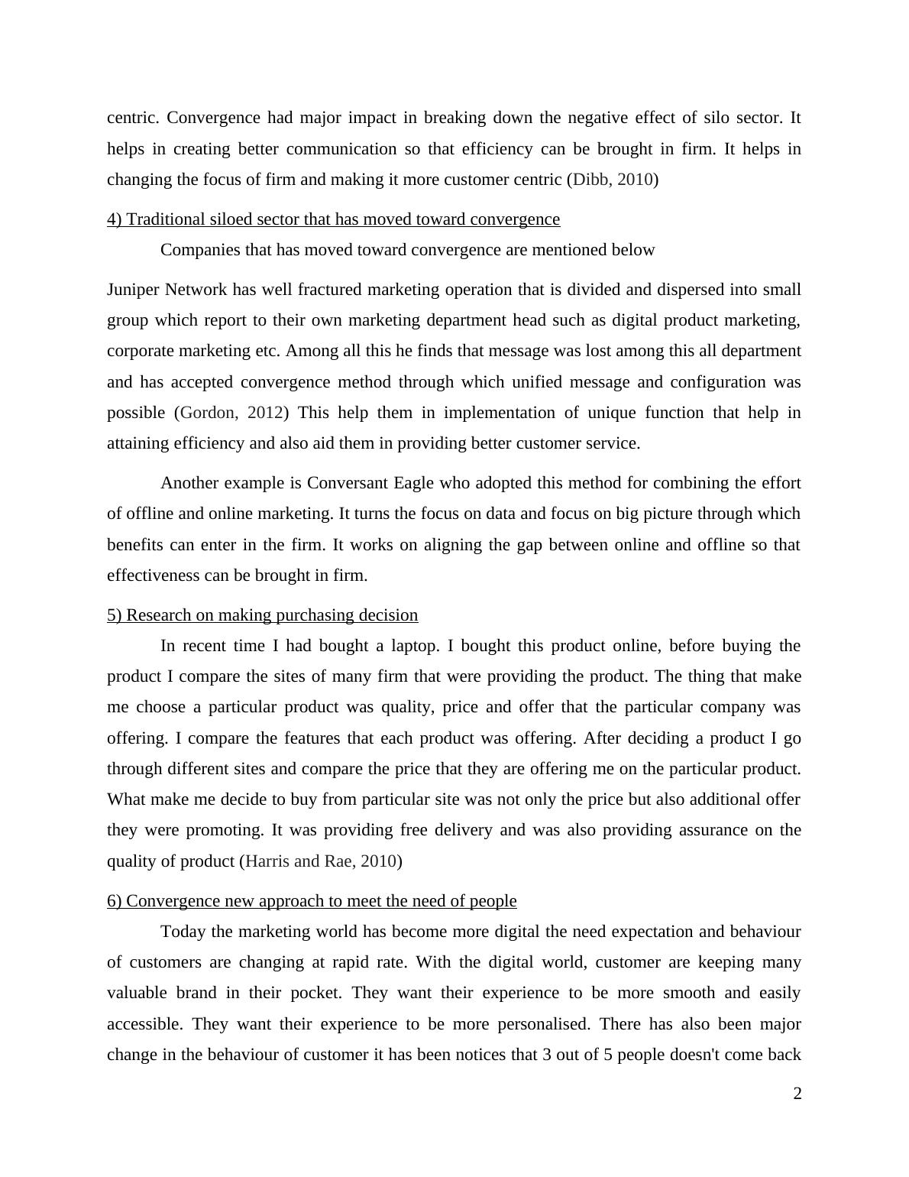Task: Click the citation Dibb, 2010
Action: coord(613,180)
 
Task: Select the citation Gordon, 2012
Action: coord(231,413)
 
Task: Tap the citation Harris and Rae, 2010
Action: coord(321,861)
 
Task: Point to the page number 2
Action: coord(797,1094)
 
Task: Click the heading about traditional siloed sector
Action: coord(333,219)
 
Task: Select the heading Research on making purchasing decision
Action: coord(262,615)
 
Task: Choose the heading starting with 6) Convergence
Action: coord(312,901)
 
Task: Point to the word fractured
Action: coord(328,290)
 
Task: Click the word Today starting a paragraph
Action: coord(183,932)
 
